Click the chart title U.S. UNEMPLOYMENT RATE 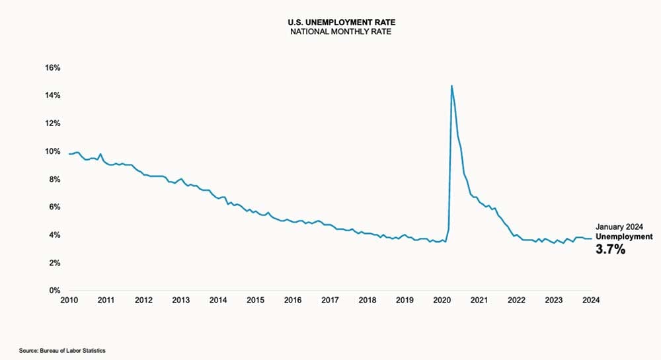(330, 22)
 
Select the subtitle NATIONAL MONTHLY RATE (330, 31)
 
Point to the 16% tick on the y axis (53, 68)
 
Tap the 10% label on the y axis (53, 151)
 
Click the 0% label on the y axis (55, 291)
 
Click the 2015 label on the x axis (255, 301)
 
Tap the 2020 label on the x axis (442, 301)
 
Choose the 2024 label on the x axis (591, 301)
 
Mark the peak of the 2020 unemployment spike (451, 86)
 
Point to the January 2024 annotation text (620, 226)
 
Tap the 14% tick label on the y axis (53, 96)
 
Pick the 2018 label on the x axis (367, 301)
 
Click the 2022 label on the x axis (516, 301)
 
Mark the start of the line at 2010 (69, 154)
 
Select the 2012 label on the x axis (143, 301)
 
